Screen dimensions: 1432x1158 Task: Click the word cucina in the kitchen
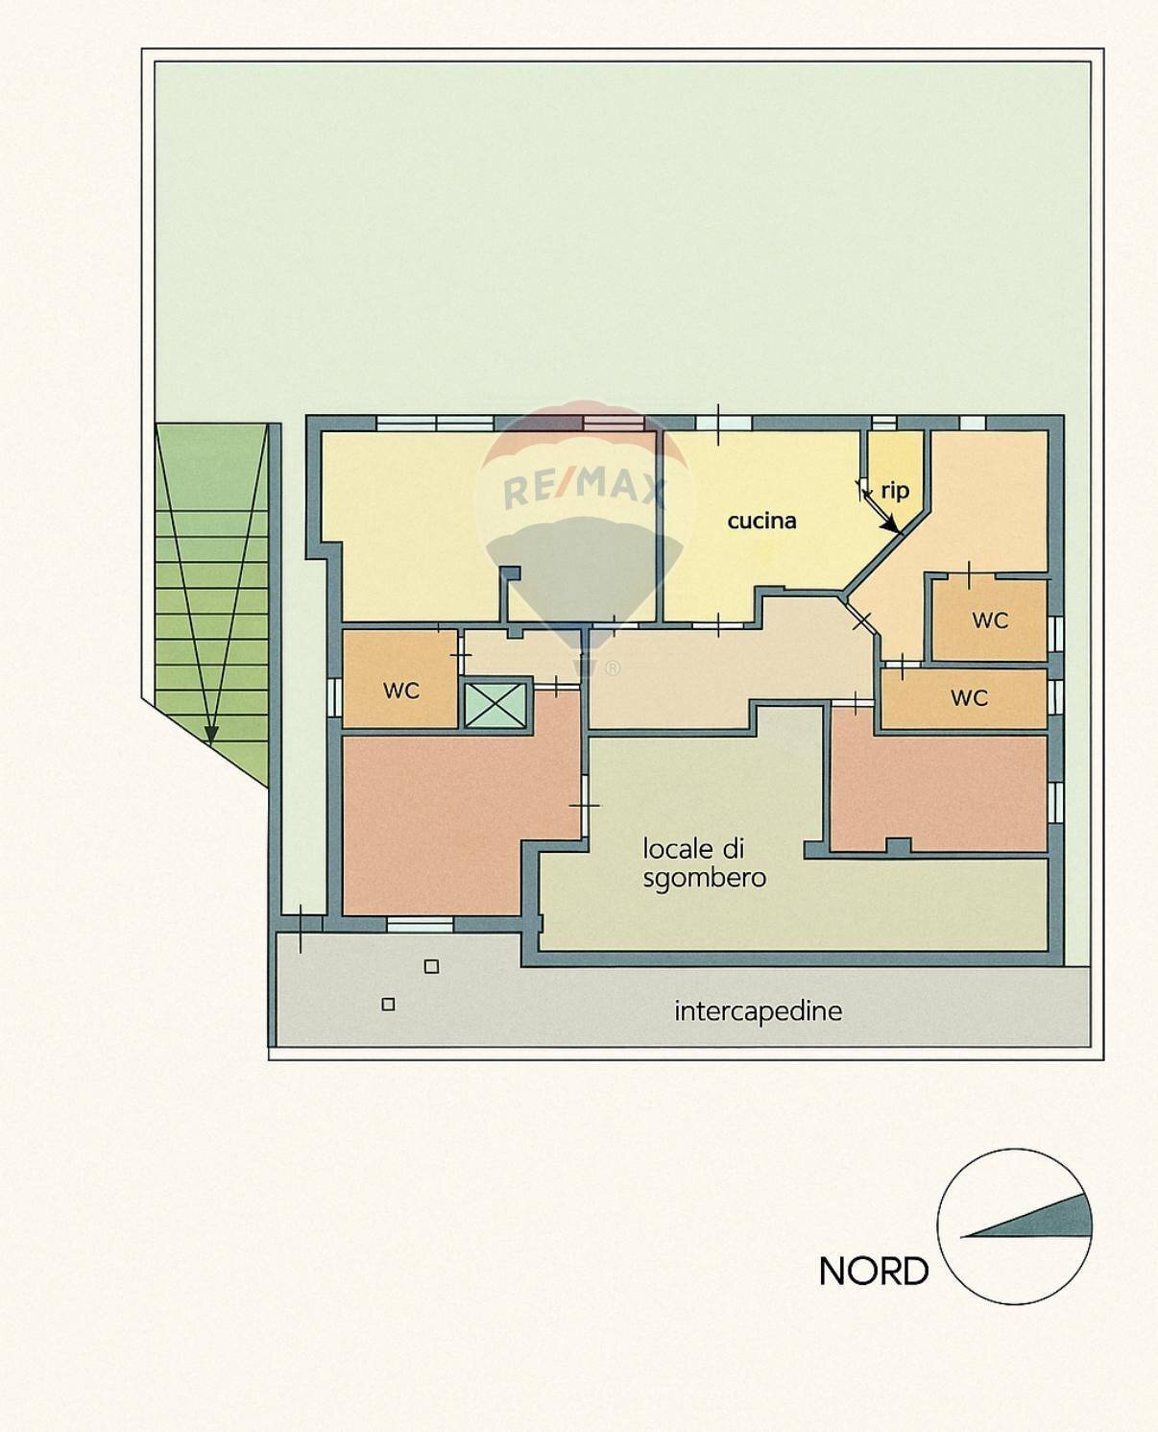761,521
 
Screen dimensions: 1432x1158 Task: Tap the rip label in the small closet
895,491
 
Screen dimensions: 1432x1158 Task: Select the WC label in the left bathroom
400,690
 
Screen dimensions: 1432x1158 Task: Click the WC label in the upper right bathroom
990,619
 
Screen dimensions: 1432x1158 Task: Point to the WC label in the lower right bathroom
969,697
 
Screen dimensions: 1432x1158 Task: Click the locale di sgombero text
704,862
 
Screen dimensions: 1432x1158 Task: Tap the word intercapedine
758,1010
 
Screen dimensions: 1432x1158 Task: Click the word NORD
874,1271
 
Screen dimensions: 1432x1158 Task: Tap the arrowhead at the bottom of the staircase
211,735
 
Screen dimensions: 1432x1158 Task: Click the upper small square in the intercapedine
431,966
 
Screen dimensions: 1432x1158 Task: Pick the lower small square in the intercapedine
388,1004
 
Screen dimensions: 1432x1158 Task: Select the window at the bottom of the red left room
420,923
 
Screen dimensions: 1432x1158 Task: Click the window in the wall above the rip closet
883,423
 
